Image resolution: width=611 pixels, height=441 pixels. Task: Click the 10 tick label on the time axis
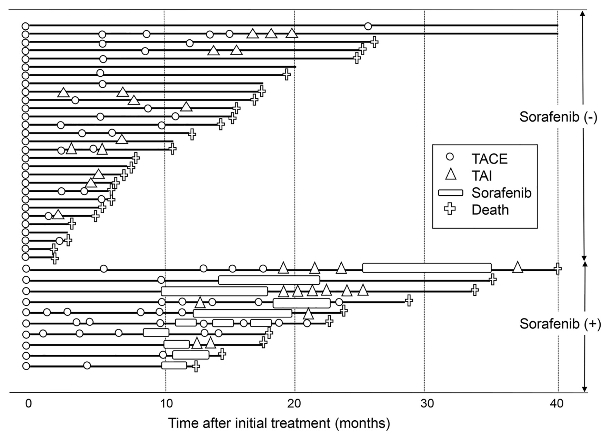(166, 403)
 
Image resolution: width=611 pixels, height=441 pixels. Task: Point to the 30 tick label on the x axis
(427, 403)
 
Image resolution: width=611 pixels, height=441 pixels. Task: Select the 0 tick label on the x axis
(28, 403)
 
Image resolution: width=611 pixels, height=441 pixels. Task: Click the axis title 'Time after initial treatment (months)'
(279, 423)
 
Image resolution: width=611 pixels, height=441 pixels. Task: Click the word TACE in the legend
(490, 159)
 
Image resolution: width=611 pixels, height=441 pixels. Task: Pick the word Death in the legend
(490, 210)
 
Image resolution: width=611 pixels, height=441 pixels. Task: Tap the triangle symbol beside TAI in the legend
(450, 175)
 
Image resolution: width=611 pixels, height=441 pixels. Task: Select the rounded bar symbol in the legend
(450, 193)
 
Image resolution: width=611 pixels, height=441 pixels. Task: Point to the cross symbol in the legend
(450, 209)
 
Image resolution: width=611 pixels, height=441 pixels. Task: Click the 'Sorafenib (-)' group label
(558, 117)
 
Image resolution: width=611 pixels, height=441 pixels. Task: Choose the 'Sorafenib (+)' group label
(560, 324)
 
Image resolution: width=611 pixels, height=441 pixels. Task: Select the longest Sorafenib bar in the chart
(427, 268)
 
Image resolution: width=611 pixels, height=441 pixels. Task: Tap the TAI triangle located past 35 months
(517, 267)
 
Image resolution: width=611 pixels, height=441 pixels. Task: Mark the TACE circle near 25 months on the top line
(368, 26)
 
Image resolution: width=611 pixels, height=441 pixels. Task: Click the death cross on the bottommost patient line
(196, 366)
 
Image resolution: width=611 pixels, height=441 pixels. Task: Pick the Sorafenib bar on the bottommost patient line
(174, 365)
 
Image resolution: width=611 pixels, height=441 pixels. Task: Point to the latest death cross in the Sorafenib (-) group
(374, 42)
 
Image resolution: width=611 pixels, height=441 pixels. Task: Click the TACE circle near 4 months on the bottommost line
(87, 365)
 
